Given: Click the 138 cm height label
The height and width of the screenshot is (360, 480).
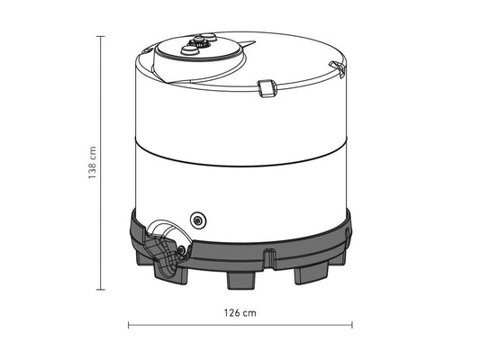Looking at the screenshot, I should [x=93, y=163].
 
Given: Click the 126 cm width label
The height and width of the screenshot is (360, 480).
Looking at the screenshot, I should [x=240, y=313].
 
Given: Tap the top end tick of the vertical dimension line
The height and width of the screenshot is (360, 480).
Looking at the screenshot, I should [x=101, y=37].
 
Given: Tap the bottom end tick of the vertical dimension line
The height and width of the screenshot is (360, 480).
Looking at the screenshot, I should [x=101, y=290].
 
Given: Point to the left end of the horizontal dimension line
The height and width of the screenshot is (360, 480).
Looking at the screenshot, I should [x=129, y=324].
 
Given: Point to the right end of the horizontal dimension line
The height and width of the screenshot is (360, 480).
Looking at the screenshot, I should [x=351, y=324].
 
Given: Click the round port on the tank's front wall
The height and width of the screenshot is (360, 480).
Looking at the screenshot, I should [x=198, y=219].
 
